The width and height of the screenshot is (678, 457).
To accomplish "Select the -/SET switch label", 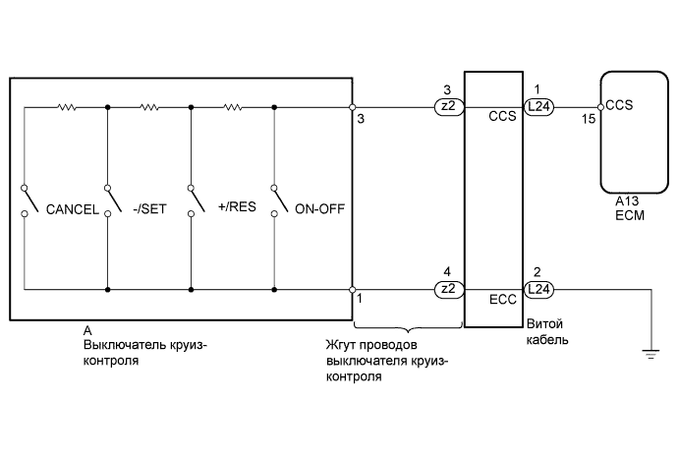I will [152, 209].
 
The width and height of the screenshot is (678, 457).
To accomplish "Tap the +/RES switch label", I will [235, 209].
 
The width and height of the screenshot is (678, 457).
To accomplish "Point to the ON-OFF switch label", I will [319, 209].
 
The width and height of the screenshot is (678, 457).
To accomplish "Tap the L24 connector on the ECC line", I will [539, 289].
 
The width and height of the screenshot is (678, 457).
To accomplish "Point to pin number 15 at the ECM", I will [590, 119].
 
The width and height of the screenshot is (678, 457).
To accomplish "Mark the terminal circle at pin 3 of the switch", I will [353, 107].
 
